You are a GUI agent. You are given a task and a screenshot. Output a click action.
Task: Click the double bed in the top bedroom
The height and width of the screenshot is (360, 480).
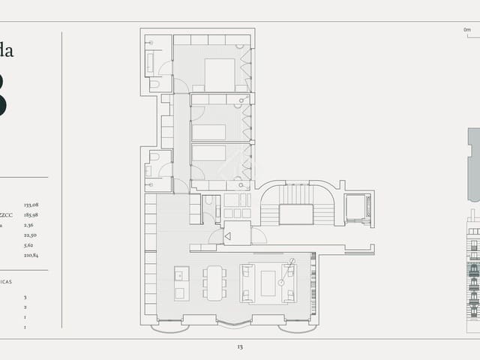pyautogui.click(x=220, y=74)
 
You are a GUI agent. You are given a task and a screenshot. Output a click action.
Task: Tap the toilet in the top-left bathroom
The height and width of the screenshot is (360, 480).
pyautogui.click(x=154, y=85)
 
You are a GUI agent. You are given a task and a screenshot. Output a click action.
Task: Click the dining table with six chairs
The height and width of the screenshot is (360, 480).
pyautogui.click(x=215, y=283)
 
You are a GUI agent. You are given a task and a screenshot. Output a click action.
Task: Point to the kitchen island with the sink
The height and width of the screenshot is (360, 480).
pyautogui.click(x=181, y=283)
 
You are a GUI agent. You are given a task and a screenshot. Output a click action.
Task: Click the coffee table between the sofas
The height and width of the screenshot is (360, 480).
pyautogui.click(x=268, y=283)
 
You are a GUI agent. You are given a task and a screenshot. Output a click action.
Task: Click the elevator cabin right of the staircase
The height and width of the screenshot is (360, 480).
pyautogui.click(x=356, y=207)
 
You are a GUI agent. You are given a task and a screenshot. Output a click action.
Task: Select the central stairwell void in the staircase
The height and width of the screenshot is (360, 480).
pyautogui.click(x=295, y=214)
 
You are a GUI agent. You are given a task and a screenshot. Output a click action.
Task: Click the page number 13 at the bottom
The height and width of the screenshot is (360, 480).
pyautogui.click(x=239, y=347)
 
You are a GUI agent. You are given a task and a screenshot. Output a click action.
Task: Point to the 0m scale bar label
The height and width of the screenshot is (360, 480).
pyautogui.click(x=466, y=29)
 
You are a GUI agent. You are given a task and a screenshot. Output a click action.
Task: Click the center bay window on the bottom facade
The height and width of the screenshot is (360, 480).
pyautogui.click(x=235, y=322)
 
